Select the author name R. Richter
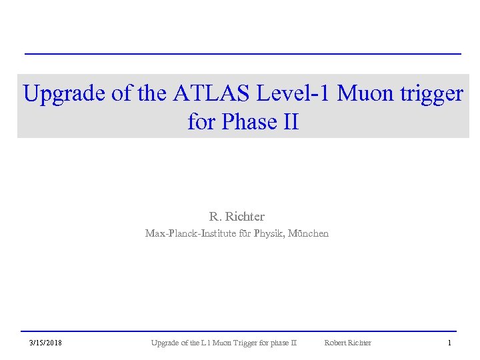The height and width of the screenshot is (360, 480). [237, 217]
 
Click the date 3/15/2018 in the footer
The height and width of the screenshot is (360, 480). [46, 343]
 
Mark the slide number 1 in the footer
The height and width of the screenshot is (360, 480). [449, 343]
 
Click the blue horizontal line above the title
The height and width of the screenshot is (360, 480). [243, 53]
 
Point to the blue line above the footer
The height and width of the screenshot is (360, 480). [239, 331]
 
